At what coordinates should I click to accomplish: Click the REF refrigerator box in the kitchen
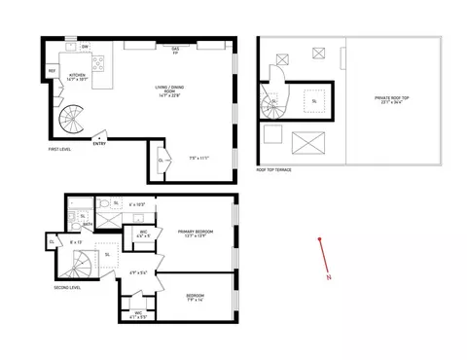52,71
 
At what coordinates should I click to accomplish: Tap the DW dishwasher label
86,48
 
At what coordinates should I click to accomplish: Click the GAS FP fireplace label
175,50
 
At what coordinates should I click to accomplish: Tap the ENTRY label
99,145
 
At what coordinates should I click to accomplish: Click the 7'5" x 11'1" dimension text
199,157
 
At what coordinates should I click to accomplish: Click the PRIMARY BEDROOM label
195,234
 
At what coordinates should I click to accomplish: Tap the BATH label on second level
87,224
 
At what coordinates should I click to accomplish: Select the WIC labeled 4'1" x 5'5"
126,314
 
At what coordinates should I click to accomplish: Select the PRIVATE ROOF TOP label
394,100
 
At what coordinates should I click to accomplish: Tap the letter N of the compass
329,278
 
